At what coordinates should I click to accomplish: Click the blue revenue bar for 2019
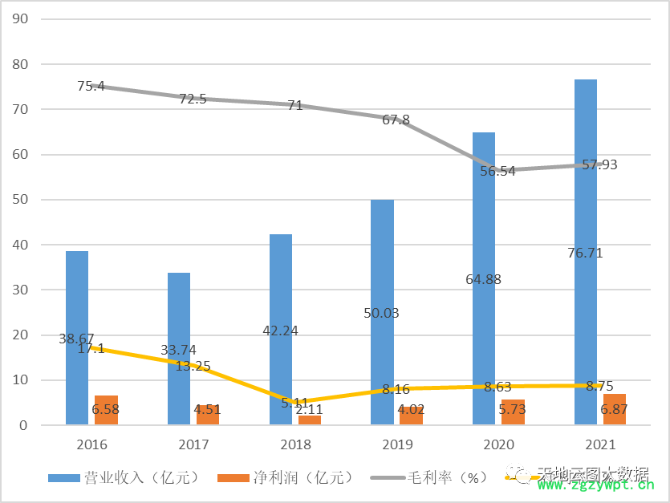(x=383, y=265)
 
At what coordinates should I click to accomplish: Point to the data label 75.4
(x=91, y=86)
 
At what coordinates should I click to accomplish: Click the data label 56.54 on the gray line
(x=497, y=171)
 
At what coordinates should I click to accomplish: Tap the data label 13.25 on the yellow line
(x=193, y=366)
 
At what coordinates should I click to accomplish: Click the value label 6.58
(x=105, y=409)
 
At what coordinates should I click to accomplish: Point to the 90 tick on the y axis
(x=22, y=18)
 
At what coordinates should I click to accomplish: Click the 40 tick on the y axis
(x=22, y=245)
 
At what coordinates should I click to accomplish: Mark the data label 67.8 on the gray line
(x=396, y=120)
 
